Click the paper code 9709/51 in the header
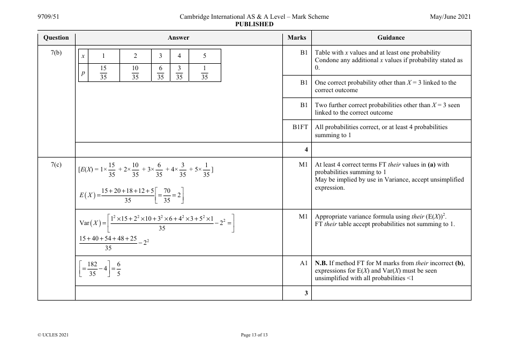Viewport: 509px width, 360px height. coord(48,17)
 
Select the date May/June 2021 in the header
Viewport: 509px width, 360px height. coord(450,17)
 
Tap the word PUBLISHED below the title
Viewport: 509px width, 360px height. coord(254,24)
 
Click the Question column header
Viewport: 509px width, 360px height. coord(56,37)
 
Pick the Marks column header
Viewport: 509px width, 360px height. coord(297,37)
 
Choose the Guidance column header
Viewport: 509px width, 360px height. coord(391,37)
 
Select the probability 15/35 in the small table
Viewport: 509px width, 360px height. coord(103,73)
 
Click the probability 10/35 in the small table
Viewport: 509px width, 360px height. coord(135,73)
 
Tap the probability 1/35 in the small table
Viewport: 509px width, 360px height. coord(204,73)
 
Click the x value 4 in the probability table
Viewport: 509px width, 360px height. coord(179,56)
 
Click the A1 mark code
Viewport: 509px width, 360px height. coord(303,263)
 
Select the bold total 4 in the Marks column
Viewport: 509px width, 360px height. coord(306,150)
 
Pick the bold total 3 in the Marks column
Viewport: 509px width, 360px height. coord(306,293)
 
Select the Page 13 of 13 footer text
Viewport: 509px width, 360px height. coord(254,335)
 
